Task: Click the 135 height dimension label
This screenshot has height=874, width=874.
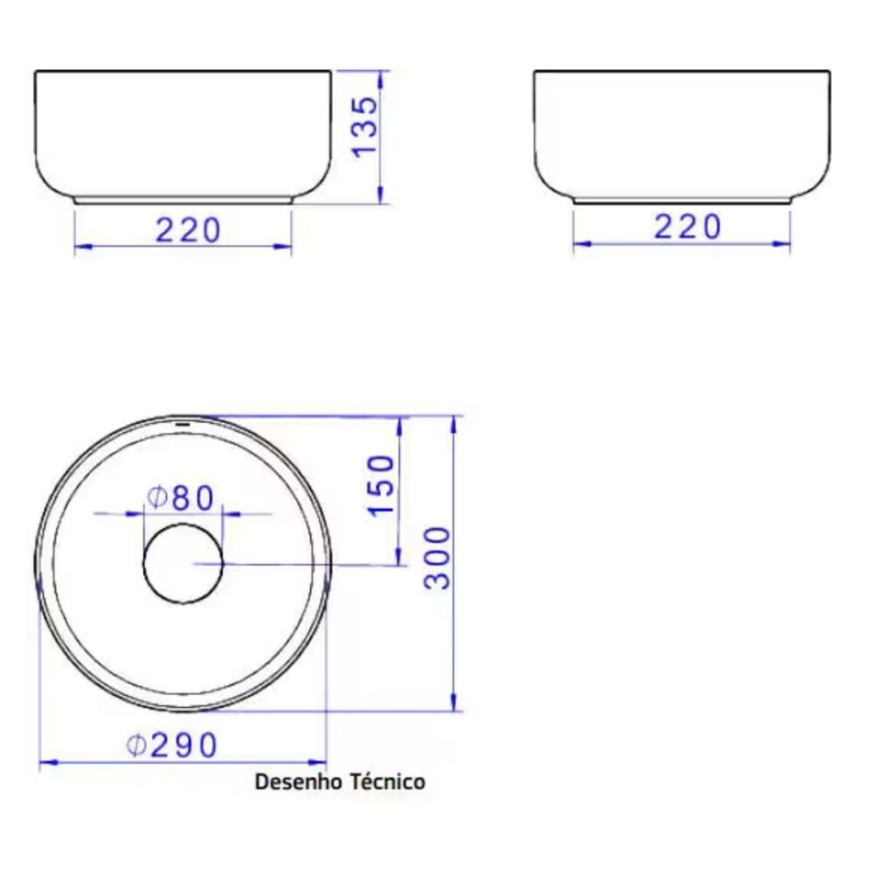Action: click(365, 127)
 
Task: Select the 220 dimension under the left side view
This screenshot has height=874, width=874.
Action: click(188, 230)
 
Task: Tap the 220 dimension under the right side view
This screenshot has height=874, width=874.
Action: click(687, 227)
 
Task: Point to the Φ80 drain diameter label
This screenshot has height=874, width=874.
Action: click(180, 498)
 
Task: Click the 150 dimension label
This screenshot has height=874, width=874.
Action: click(381, 485)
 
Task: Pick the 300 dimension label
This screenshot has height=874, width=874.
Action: click(437, 558)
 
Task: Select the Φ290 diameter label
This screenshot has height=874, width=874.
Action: click(171, 746)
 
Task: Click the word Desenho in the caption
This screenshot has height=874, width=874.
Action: click(298, 781)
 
